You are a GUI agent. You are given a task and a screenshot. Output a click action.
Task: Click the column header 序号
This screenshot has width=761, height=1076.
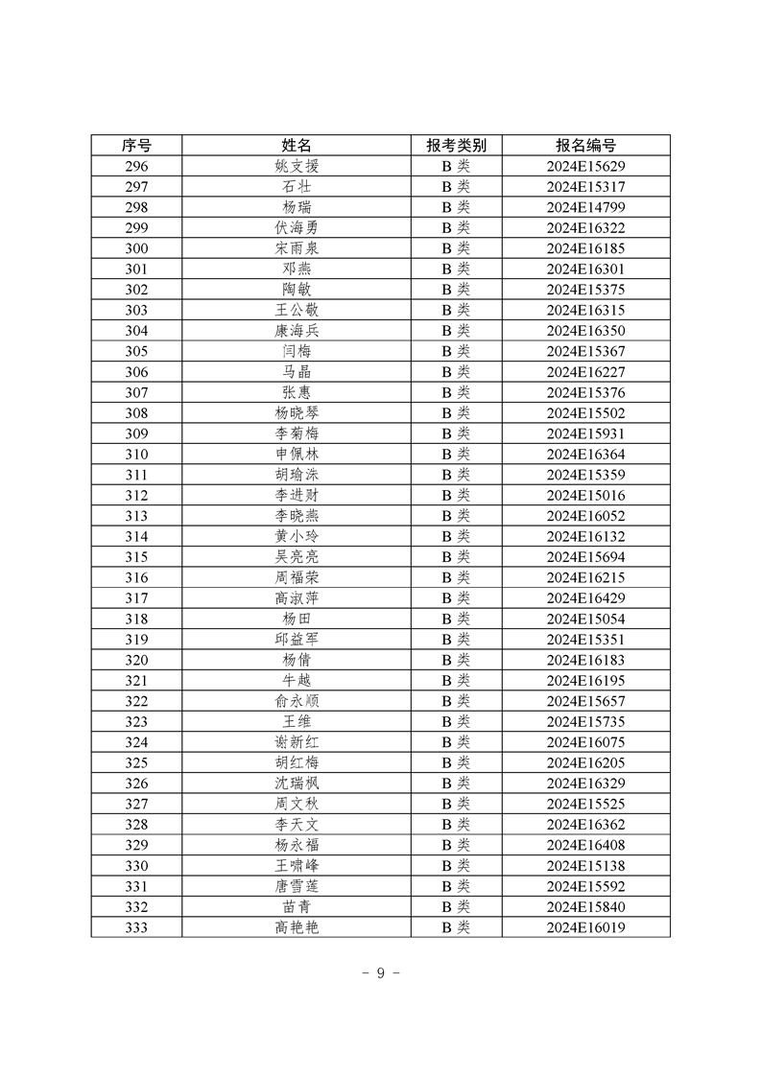coord(136,145)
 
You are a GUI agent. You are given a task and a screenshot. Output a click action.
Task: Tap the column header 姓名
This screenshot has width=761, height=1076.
coord(297,145)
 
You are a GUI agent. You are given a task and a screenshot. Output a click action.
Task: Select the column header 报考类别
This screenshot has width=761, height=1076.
coord(456,145)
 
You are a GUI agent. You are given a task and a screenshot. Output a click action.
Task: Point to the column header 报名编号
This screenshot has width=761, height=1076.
coord(585,145)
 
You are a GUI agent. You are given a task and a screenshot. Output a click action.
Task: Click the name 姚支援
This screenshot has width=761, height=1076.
coord(297,166)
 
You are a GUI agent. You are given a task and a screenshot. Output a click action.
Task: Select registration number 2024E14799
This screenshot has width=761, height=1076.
coord(585,207)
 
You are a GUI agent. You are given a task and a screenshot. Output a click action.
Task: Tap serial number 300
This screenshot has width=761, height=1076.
coord(136,248)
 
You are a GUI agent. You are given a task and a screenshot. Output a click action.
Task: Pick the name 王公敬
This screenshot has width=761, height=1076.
coord(297,310)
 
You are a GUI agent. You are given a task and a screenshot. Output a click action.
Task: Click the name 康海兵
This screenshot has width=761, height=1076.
coord(297,331)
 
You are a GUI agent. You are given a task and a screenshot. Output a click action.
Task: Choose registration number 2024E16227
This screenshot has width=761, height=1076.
coord(585,372)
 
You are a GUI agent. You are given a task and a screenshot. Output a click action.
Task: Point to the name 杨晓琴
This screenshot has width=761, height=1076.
coord(297,413)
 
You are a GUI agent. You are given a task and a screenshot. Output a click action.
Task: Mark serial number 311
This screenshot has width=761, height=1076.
coord(136,475)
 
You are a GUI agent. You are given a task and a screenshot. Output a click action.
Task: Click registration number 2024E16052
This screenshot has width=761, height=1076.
coord(585,516)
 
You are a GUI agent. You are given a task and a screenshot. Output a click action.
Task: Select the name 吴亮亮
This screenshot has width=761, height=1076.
coord(297,557)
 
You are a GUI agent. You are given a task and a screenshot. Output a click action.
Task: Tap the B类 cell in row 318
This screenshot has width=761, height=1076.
coord(456,619)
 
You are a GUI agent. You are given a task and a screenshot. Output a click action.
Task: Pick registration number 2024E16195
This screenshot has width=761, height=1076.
coord(585,680)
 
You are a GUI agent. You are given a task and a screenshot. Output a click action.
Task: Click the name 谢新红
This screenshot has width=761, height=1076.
coord(297,742)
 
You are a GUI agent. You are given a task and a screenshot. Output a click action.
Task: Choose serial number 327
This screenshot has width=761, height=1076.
coord(136,804)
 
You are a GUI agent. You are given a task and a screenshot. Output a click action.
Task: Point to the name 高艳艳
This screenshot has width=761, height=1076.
coord(297,927)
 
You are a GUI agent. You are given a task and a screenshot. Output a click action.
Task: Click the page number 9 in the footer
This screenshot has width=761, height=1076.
coord(380,972)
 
